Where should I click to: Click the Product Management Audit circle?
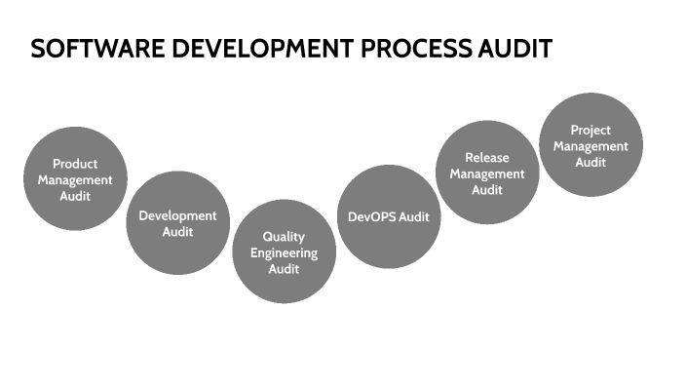[74, 179]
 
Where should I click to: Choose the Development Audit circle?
[177, 223]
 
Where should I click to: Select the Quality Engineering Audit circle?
[284, 252]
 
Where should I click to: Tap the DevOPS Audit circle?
[388, 216]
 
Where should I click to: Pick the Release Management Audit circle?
[487, 174]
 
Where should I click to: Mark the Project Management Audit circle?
[591, 145]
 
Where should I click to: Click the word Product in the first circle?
[74, 164]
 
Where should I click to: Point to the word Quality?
[284, 237]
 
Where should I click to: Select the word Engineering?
[284, 252]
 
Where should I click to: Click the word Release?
[487, 158]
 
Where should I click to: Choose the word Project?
[591, 130]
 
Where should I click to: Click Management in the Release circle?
[487, 174]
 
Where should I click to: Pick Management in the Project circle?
[591, 146]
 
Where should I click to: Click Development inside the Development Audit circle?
[177, 215]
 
